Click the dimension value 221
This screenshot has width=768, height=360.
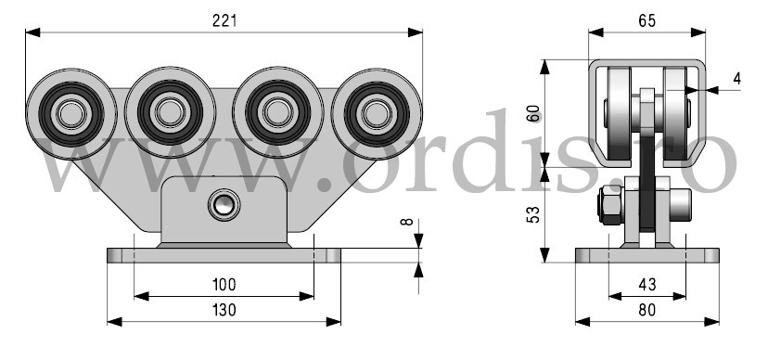(224, 20)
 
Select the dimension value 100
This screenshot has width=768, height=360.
(224, 284)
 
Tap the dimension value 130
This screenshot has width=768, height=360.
(224, 310)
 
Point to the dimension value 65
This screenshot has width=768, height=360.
(646, 20)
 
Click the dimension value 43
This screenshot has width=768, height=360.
(647, 284)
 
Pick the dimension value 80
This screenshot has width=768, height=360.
(647, 310)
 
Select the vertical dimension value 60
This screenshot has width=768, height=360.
(534, 113)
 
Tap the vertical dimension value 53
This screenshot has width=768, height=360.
(533, 214)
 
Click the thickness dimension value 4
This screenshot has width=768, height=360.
(737, 78)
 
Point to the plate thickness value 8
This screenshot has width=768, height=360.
(407, 222)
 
